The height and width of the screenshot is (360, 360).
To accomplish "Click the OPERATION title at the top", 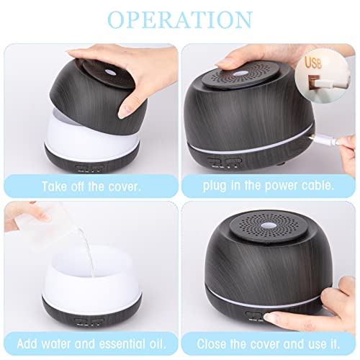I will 180,19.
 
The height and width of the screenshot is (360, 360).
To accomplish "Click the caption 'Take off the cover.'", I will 91,185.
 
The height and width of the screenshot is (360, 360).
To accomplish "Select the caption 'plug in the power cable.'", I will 268,185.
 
